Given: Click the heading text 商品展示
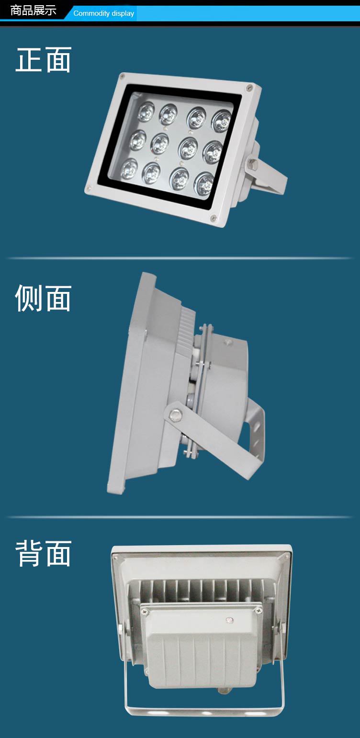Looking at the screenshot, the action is tap(33, 11).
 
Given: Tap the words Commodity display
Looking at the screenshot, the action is tap(103, 13).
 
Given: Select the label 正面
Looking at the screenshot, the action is tap(43, 60).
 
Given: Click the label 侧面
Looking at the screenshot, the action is tap(43, 298).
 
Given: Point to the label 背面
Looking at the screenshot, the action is tap(43, 554).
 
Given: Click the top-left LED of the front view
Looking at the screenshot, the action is tap(146, 112).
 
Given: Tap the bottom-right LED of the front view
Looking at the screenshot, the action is tap(204, 184).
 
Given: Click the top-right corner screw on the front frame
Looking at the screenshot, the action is tap(248, 88).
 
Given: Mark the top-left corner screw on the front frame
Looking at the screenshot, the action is tap(122, 77).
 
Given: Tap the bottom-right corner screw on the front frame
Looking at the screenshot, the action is tap(214, 218).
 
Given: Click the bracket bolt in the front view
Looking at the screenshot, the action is tap(253, 163).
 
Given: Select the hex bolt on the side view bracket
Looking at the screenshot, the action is tap(175, 414).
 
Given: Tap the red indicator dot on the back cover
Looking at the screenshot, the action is tap(228, 620).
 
